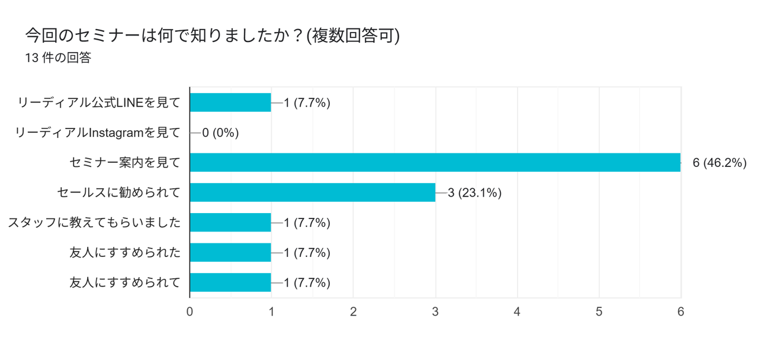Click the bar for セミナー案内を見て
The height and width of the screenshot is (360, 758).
coord(435,162)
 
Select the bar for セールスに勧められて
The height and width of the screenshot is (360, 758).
coord(312,192)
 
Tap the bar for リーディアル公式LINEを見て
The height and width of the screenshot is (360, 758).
coord(230,102)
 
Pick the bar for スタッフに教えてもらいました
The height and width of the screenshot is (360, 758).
coord(230,223)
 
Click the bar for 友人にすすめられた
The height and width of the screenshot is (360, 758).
coord(230,253)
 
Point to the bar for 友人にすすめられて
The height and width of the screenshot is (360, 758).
coord(230,282)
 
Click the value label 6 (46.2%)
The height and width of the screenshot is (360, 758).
coord(719,163)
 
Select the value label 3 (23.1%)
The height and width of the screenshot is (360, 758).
coord(475,192)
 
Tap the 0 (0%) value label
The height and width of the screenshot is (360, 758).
coord(220,133)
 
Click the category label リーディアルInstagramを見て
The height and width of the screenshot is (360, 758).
coord(98,133)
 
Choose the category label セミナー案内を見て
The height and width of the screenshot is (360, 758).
coord(125,162)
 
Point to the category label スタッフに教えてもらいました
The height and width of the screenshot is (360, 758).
coord(94,223)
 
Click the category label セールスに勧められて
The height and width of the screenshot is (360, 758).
coord(119,192)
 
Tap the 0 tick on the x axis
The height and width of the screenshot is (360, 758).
coord(189,311)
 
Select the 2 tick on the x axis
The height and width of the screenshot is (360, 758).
coord(354,311)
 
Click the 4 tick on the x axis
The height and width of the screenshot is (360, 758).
coord(517,311)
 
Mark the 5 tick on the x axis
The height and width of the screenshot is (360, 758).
coord(599,311)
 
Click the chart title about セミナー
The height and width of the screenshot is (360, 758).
coord(213,36)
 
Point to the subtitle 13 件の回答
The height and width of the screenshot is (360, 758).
coord(58,58)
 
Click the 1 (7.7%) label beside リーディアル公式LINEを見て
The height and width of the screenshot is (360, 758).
coord(307,102)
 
